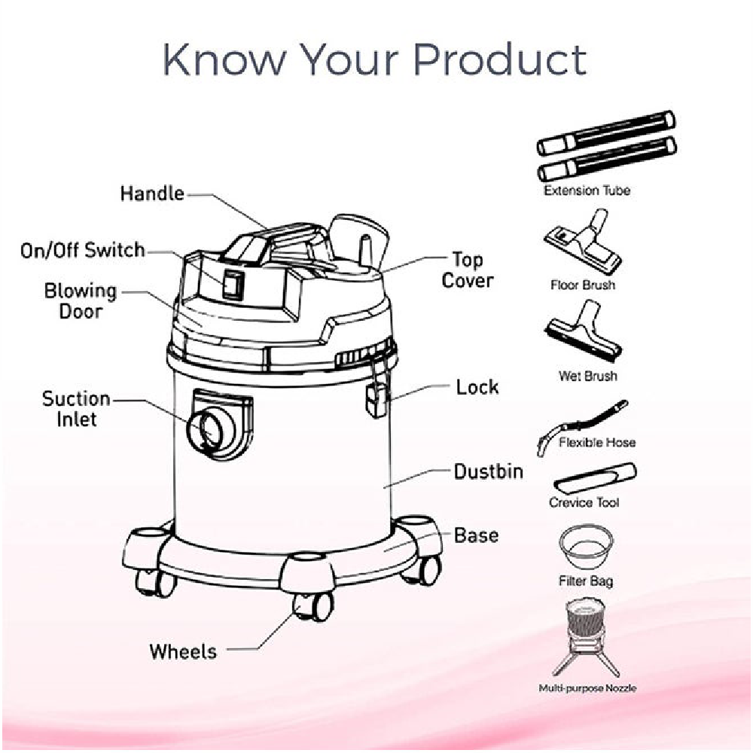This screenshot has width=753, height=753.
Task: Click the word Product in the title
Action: pyautogui.click(x=500, y=60)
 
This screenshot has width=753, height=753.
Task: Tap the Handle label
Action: pyautogui.click(x=152, y=194)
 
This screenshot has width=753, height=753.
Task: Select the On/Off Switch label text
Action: pyautogui.click(x=83, y=250)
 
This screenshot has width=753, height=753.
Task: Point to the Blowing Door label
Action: pyautogui.click(x=81, y=301)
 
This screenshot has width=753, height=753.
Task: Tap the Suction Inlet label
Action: pyautogui.click(x=76, y=409)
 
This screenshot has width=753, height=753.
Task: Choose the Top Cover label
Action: pyautogui.click(x=468, y=270)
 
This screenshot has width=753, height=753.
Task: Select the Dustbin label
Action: pyautogui.click(x=489, y=471)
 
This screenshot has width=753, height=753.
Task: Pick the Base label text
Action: pyautogui.click(x=476, y=535)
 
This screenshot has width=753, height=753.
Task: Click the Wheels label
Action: pyautogui.click(x=183, y=651)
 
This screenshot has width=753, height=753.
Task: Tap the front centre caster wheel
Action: pyautogui.click(x=313, y=606)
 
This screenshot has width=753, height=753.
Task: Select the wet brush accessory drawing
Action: pyautogui.click(x=584, y=333)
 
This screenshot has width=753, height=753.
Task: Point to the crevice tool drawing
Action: pyautogui.click(x=595, y=477)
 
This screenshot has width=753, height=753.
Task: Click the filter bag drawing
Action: pyautogui.click(x=586, y=547)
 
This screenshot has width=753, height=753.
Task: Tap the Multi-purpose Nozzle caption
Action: pyautogui.click(x=587, y=688)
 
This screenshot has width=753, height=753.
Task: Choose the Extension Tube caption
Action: pyautogui.click(x=587, y=191)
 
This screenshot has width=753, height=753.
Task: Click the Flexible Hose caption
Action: pyautogui.click(x=597, y=442)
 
